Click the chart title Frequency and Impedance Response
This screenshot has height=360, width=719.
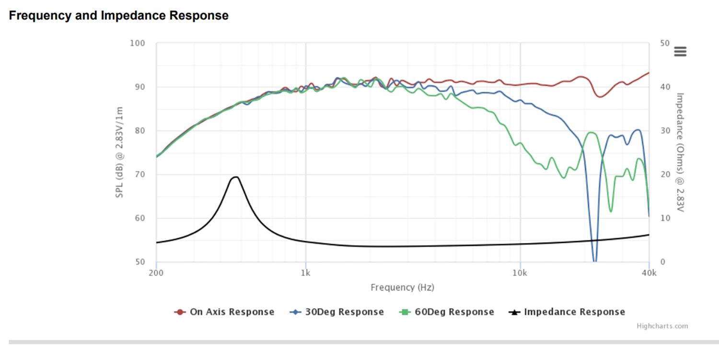tap(118, 15)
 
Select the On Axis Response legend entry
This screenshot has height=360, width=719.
tap(224, 312)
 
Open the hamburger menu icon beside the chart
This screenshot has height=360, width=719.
tap(680, 51)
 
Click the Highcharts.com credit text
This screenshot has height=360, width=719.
tap(662, 326)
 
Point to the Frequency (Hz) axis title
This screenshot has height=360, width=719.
tap(402, 288)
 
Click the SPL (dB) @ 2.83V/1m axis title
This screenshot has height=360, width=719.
tap(119, 152)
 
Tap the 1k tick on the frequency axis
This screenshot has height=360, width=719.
tap(306, 273)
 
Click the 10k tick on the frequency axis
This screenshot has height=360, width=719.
tap(520, 273)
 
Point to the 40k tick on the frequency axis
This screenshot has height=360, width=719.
tap(649, 273)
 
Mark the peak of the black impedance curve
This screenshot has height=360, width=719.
tap(235, 177)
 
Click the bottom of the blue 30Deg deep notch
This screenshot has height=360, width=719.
tap(595, 261)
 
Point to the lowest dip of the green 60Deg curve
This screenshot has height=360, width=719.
tap(611, 211)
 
